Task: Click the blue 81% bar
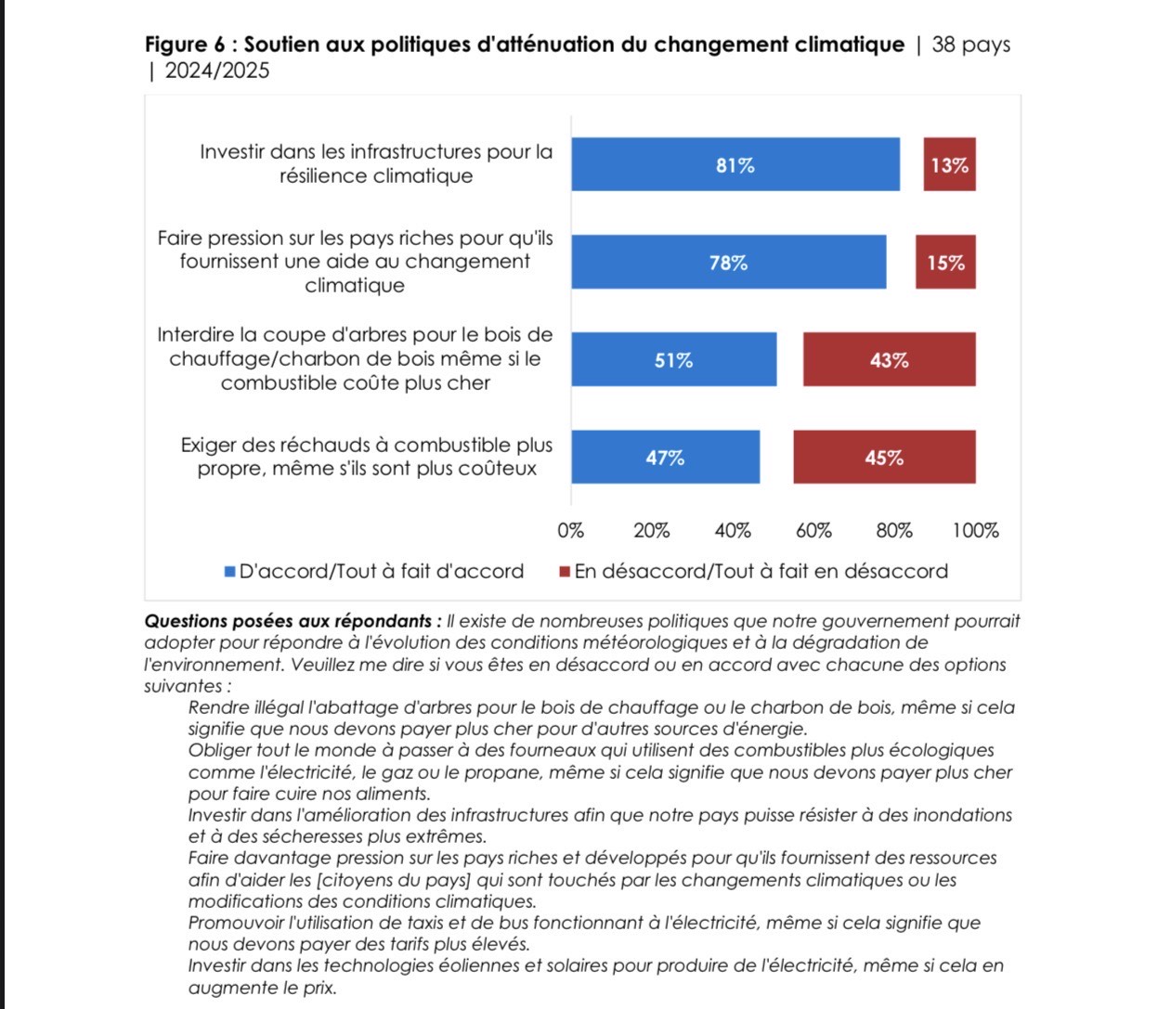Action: (x=735, y=164)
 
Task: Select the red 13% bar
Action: (x=949, y=164)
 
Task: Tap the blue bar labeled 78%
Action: (x=728, y=262)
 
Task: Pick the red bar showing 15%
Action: (x=945, y=262)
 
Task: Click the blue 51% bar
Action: (x=673, y=359)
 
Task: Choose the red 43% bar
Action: (x=889, y=359)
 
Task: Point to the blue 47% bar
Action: (x=665, y=457)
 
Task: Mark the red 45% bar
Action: (x=884, y=457)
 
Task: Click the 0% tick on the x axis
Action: (x=571, y=531)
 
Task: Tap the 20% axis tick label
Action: (x=652, y=531)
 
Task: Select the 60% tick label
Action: (x=813, y=531)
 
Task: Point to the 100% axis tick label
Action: (x=975, y=531)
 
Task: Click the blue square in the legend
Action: (x=230, y=572)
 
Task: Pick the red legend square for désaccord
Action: (x=565, y=572)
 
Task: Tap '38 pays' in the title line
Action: (x=970, y=45)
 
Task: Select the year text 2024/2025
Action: (x=217, y=71)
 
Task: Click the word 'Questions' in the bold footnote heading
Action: (x=184, y=621)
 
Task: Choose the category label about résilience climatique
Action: (x=376, y=163)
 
